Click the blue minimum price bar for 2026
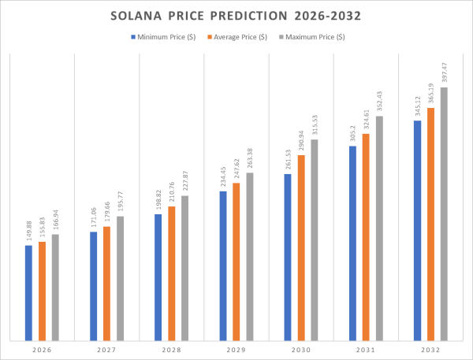click(x=28, y=292)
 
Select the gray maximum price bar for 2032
click(x=444, y=213)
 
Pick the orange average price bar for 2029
click(x=236, y=261)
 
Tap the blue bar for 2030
click(x=288, y=257)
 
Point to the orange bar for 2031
click(x=366, y=236)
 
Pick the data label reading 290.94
click(x=301, y=142)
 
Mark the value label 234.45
click(x=223, y=178)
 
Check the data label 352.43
click(x=379, y=102)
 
